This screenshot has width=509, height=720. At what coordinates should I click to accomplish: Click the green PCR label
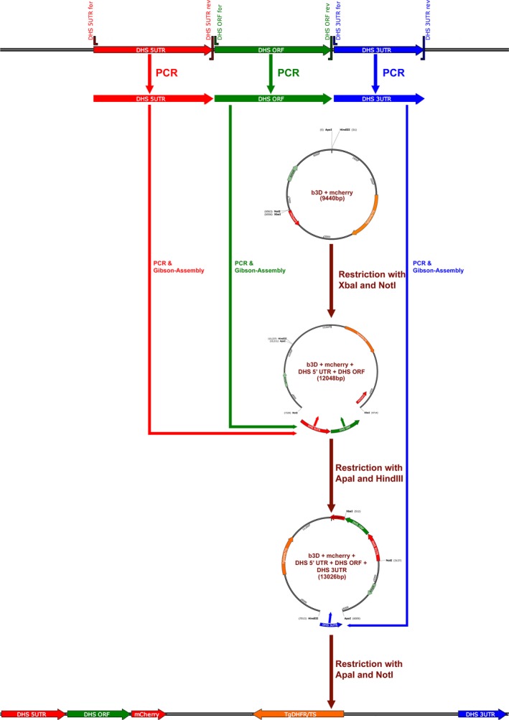[289, 73]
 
